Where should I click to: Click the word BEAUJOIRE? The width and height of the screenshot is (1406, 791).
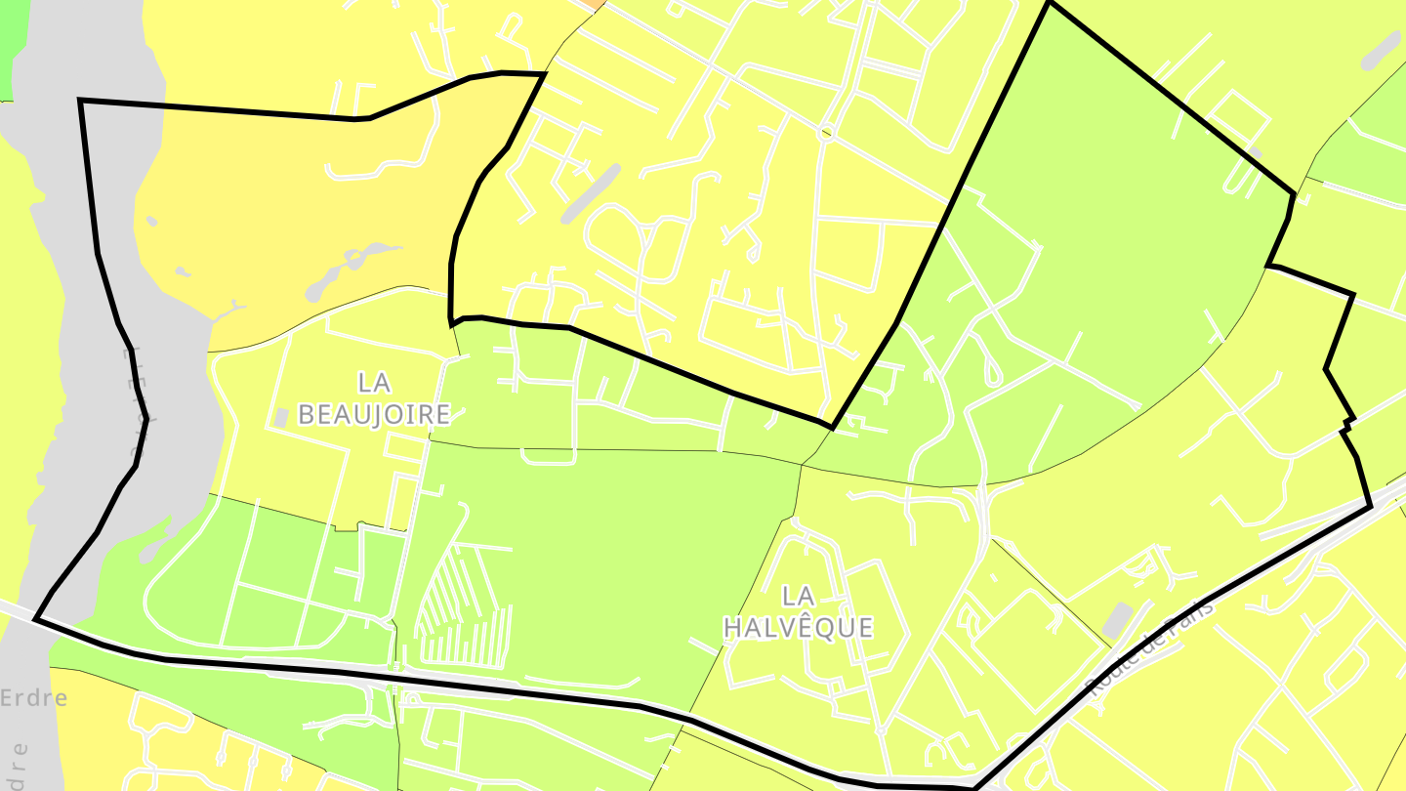374,414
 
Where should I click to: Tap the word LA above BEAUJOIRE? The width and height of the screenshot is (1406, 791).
374,382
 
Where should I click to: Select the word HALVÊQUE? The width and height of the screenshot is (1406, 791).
798,627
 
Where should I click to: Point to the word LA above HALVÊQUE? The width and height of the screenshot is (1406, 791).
799,595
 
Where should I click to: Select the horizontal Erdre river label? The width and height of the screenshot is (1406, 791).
34,698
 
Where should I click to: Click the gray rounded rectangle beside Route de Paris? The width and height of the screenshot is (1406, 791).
1117,619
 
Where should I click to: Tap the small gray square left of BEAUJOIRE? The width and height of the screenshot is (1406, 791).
281,417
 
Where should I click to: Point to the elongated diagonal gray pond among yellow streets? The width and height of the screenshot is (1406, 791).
591,193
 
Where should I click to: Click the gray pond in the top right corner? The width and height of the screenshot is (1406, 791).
1381,51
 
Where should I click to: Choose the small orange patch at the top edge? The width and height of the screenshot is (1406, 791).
594,4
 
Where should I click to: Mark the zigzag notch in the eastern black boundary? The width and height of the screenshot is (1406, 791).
1347,424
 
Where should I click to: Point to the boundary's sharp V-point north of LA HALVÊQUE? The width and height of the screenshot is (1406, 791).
832,427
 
